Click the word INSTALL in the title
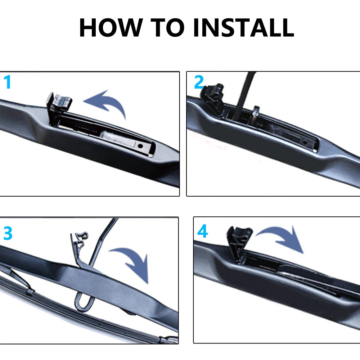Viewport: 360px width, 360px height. point(243,28)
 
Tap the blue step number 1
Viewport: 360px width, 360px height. point(7,82)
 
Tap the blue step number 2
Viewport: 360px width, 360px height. point(199,82)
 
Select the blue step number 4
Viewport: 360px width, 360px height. point(202,231)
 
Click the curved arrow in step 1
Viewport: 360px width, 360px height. point(106,103)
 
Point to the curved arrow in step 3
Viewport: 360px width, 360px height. point(131,263)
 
